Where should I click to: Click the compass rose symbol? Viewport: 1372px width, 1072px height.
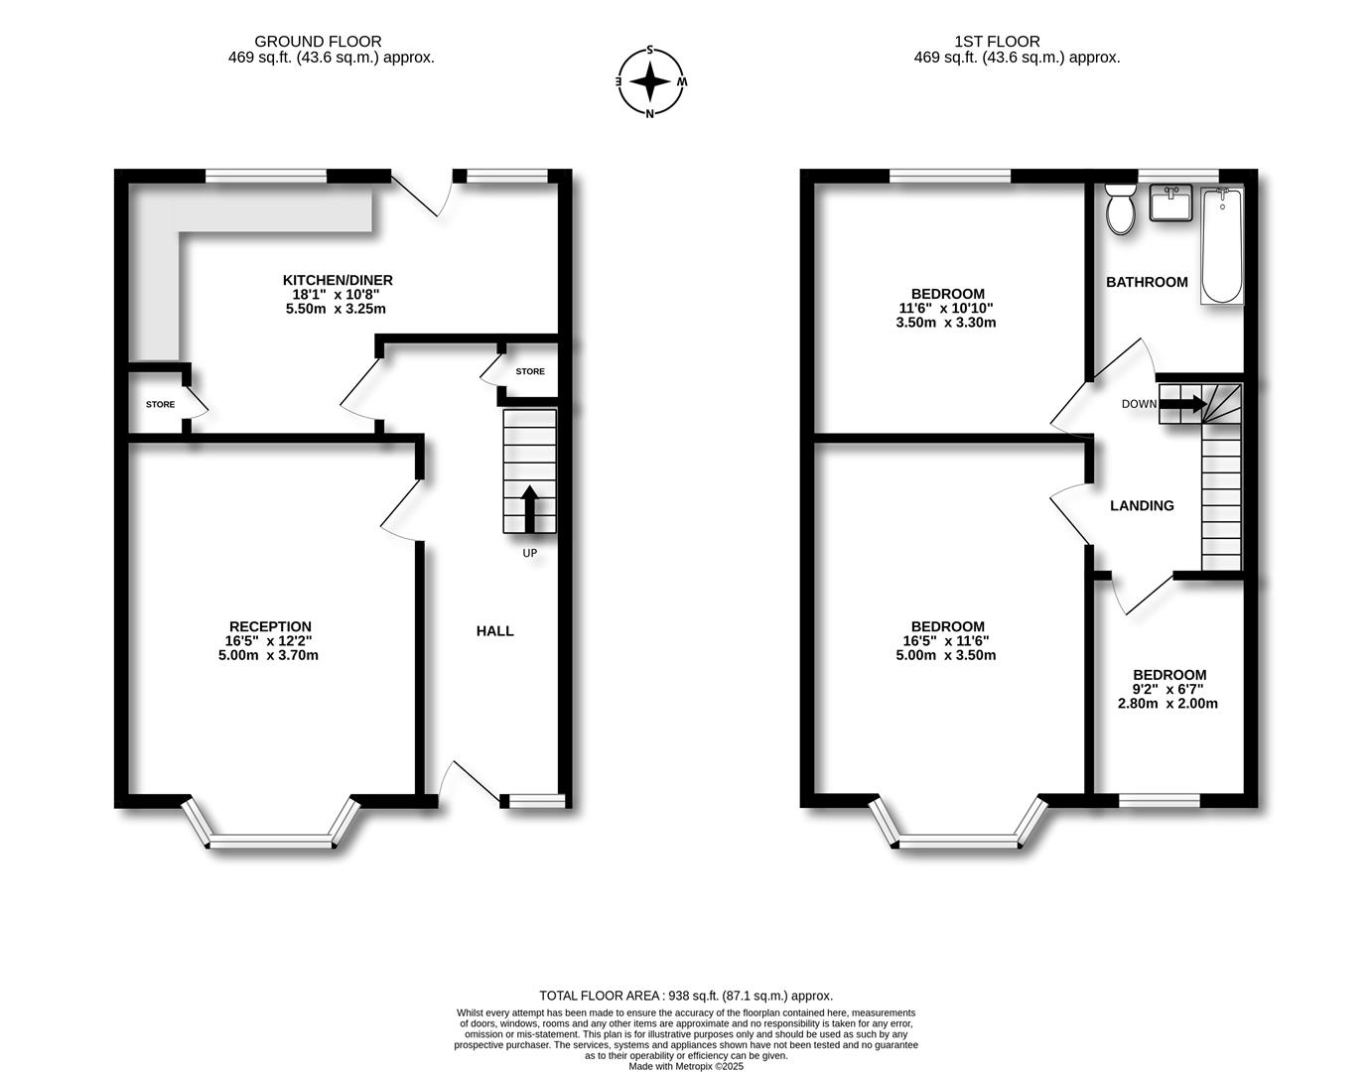pyautogui.click(x=650, y=81)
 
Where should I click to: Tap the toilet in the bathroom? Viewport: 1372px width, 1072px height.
pyautogui.click(x=1122, y=210)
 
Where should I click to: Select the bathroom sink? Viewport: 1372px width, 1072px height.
pyautogui.click(x=1174, y=203)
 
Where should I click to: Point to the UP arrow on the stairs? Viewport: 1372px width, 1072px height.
pyautogui.click(x=529, y=508)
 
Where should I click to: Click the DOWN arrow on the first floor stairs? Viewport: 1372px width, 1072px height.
pyautogui.click(x=1183, y=404)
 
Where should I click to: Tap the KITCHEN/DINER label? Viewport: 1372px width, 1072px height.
pyautogui.click(x=331, y=280)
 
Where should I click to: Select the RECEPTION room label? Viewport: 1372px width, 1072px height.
pyautogui.click(x=270, y=626)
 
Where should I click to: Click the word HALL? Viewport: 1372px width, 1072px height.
pyautogui.click(x=494, y=631)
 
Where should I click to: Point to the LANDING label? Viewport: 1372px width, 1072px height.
pyautogui.click(x=1142, y=506)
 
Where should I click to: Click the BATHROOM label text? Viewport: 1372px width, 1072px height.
pyautogui.click(x=1147, y=282)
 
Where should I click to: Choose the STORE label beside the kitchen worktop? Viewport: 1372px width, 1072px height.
pyautogui.click(x=160, y=405)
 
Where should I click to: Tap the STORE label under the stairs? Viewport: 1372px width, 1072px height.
pyautogui.click(x=529, y=372)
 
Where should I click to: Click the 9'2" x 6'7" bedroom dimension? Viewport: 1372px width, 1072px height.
pyautogui.click(x=1167, y=689)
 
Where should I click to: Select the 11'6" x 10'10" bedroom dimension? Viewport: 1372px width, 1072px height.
pyautogui.click(x=946, y=309)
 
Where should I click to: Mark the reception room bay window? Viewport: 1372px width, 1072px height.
pyautogui.click(x=270, y=840)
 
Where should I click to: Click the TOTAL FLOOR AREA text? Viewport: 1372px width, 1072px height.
pyautogui.click(x=686, y=996)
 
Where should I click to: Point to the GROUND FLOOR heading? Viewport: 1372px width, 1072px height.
pyautogui.click(x=318, y=42)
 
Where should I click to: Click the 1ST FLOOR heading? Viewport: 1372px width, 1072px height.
pyautogui.click(x=997, y=42)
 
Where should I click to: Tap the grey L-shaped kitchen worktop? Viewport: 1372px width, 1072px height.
pyautogui.click(x=157, y=268)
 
